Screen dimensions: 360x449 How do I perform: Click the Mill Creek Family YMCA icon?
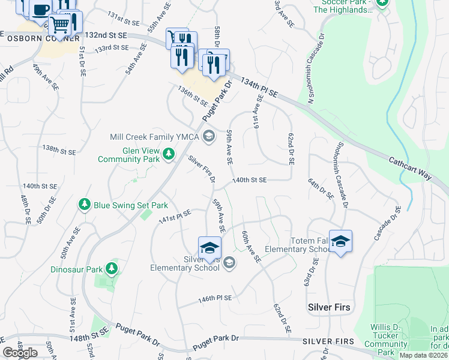[209, 137]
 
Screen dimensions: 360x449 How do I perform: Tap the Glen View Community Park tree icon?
[169, 155]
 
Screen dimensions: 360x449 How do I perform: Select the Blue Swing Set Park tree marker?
[85, 205]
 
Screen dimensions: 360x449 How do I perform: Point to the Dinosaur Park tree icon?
[110, 269]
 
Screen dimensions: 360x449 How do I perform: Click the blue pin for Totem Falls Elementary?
[340, 242]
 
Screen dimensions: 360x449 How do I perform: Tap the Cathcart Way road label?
[410, 168]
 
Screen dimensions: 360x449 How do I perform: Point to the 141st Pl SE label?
[174, 217]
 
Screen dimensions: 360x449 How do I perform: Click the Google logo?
[20, 353]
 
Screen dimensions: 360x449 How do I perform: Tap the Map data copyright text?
[424, 355]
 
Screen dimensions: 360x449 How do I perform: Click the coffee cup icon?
[41, 10]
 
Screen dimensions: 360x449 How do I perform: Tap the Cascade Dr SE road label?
[387, 223]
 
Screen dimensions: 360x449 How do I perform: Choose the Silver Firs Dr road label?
[202, 169]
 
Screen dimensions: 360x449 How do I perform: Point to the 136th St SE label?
[192, 97]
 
